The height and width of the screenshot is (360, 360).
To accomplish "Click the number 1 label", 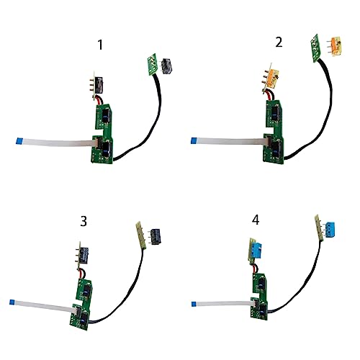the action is [x=101, y=45].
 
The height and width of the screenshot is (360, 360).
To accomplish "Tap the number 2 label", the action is [x=279, y=42].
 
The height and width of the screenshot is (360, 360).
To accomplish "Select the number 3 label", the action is [x=84, y=221].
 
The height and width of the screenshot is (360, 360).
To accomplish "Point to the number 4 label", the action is [x=256, y=220].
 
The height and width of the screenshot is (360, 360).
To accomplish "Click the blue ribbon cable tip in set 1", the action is [x=18, y=140].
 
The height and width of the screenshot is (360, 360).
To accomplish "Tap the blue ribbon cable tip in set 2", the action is [x=193, y=140].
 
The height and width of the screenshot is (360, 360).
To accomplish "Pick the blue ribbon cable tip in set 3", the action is [x=12, y=302].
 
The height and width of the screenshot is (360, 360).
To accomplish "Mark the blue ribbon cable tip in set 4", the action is [x=194, y=305].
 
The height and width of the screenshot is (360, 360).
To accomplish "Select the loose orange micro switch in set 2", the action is [x=334, y=46].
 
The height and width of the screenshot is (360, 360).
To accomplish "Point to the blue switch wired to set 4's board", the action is [x=256, y=249].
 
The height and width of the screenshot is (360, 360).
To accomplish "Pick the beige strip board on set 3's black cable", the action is [x=139, y=233].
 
